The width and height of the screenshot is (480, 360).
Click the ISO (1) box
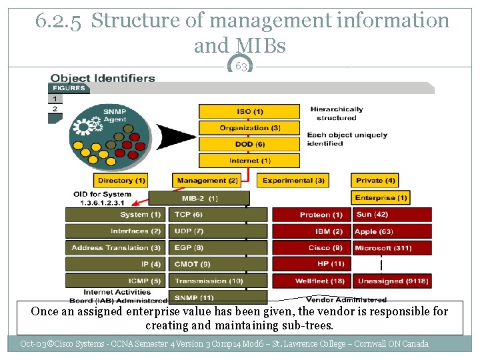249,111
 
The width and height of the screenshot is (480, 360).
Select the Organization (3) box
249,127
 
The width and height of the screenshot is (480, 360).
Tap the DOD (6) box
249,144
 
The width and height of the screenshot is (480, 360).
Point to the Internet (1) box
249,161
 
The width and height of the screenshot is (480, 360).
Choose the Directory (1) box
121,181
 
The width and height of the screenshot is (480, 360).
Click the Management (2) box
207,181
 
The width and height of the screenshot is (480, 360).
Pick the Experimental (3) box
294,181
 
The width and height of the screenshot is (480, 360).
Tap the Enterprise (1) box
381,197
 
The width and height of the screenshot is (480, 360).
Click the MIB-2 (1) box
199,198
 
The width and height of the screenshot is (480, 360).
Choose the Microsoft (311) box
392,248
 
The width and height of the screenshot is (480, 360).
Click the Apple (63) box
392,231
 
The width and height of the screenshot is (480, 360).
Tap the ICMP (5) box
114,281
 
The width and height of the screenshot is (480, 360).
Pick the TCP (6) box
219,215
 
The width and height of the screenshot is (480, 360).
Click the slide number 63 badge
241,67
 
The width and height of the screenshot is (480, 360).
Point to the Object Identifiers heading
103,78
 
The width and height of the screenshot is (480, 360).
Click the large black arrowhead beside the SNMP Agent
175,137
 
